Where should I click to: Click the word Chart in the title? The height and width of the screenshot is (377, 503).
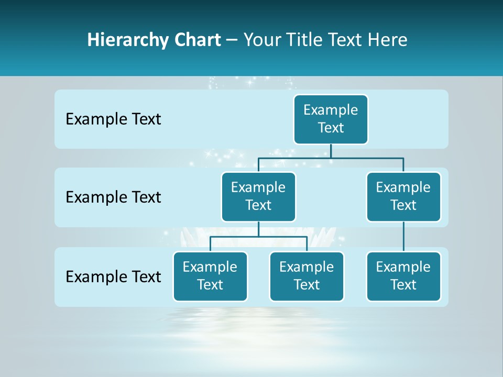pos(195,40)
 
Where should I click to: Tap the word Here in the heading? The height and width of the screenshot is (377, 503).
pos(388,40)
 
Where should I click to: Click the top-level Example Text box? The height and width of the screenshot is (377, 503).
pos(331,119)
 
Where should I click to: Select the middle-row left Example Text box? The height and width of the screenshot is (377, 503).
pos(258,197)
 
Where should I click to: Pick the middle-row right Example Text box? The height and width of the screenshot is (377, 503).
pos(403,197)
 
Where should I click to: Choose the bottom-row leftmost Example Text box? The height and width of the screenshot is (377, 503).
pos(210,276)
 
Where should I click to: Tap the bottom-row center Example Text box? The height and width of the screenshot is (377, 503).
pos(307,276)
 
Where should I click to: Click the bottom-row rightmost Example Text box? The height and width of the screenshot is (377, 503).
pos(403,276)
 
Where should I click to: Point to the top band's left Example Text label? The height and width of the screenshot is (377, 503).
pos(113,119)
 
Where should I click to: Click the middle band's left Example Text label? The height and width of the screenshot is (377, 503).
pos(113,197)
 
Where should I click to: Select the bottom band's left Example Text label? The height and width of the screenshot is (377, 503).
pos(113,276)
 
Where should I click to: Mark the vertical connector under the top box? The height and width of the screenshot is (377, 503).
pos(331,151)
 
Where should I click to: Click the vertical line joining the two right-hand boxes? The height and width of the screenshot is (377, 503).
pos(403,236)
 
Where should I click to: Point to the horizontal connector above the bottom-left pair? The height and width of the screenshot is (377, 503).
pos(258,237)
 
